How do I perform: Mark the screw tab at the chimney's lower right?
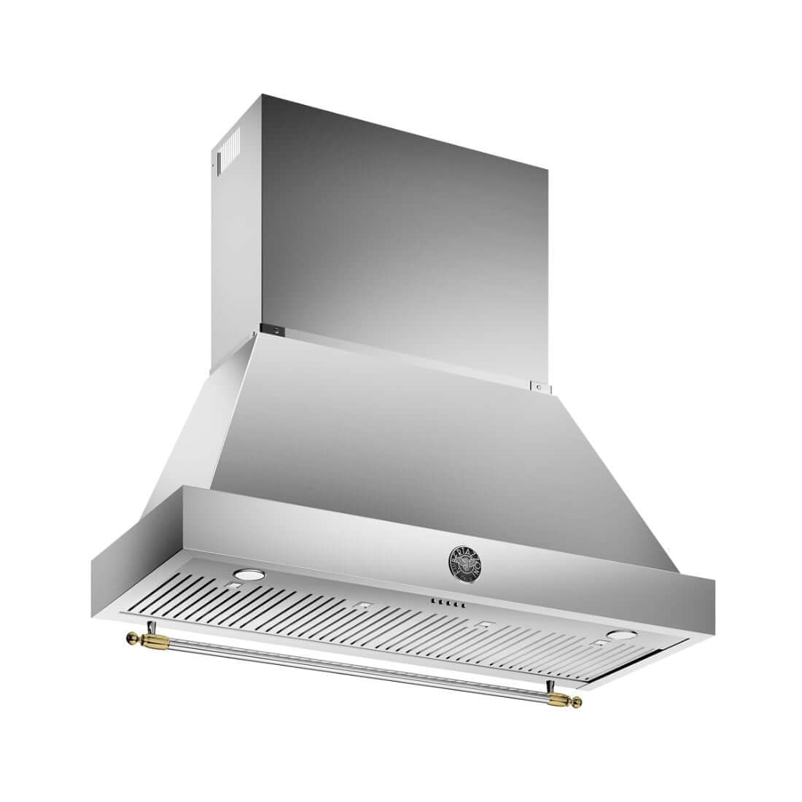(x=539, y=386)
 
